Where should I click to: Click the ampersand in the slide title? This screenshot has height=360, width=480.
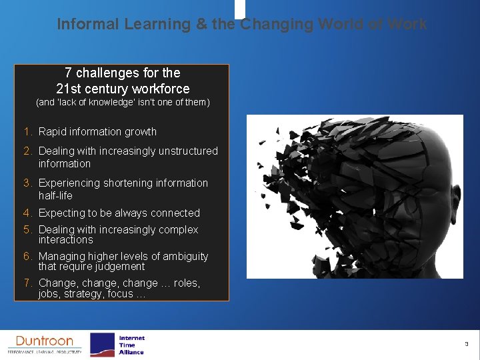[x=201, y=24]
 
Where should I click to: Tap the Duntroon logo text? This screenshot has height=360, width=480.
[x=45, y=341]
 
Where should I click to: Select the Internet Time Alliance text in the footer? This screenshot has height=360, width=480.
[x=131, y=345]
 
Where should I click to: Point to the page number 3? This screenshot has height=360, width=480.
[x=467, y=344]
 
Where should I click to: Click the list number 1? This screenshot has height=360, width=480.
[x=29, y=132]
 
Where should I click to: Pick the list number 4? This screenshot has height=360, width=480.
[x=29, y=213]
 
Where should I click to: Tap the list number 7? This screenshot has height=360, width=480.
[x=29, y=283]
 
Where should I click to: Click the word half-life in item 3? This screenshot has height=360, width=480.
[x=55, y=195]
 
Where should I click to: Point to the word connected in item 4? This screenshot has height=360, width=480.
[x=175, y=213]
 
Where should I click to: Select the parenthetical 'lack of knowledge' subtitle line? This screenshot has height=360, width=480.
[x=122, y=103]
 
